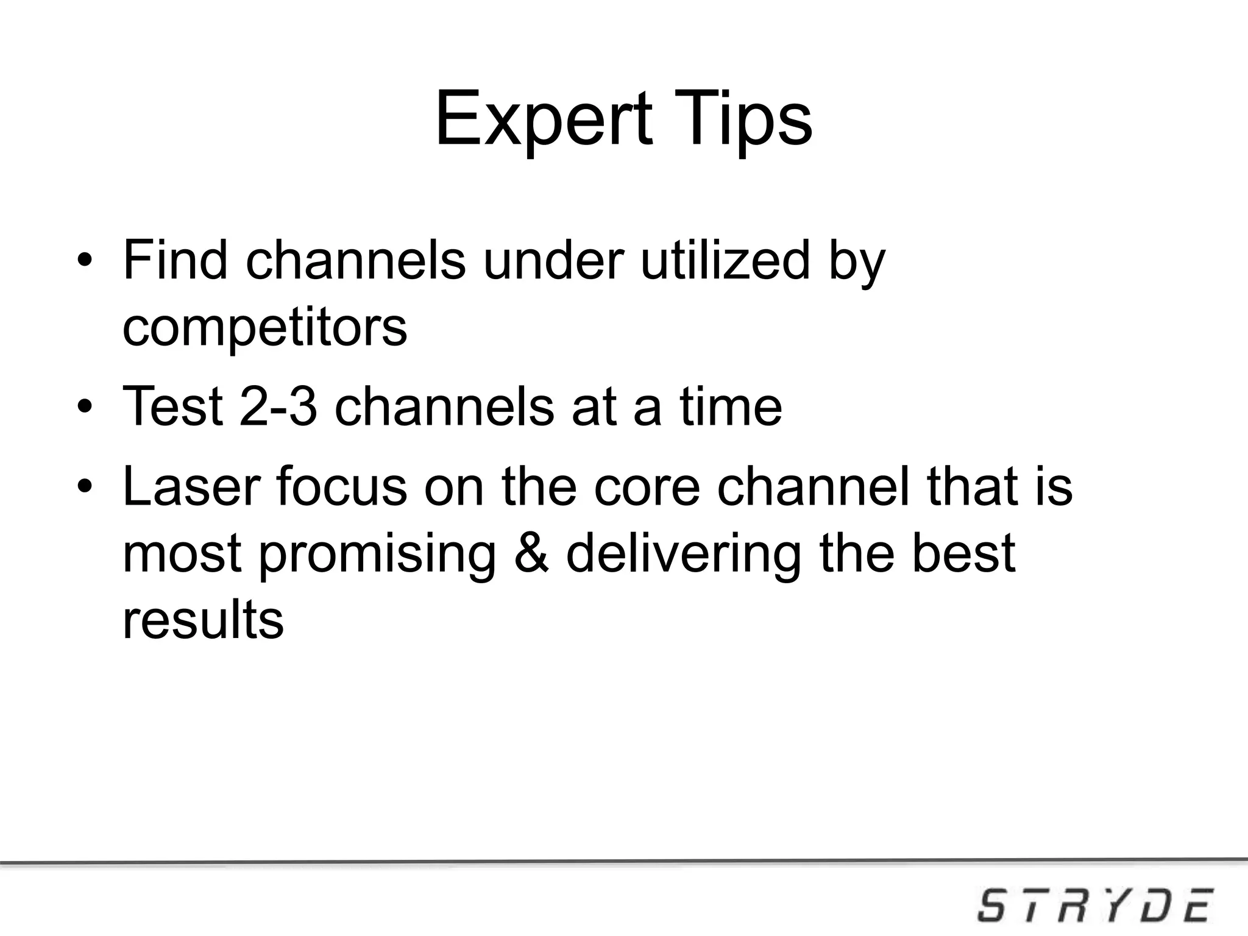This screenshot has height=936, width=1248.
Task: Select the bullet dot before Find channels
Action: (85, 263)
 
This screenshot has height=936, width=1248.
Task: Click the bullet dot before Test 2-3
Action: (85, 407)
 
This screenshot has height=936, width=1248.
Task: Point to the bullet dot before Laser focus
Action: (85, 487)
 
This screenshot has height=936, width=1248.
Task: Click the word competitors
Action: (264, 328)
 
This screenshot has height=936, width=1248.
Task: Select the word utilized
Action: (725, 261)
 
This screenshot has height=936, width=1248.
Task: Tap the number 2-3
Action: (278, 406)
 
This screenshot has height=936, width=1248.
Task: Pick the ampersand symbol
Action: (531, 553)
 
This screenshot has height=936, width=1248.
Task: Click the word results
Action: (203, 619)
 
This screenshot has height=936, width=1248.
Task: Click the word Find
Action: (175, 261)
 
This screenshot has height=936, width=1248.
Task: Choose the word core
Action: (647, 487)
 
